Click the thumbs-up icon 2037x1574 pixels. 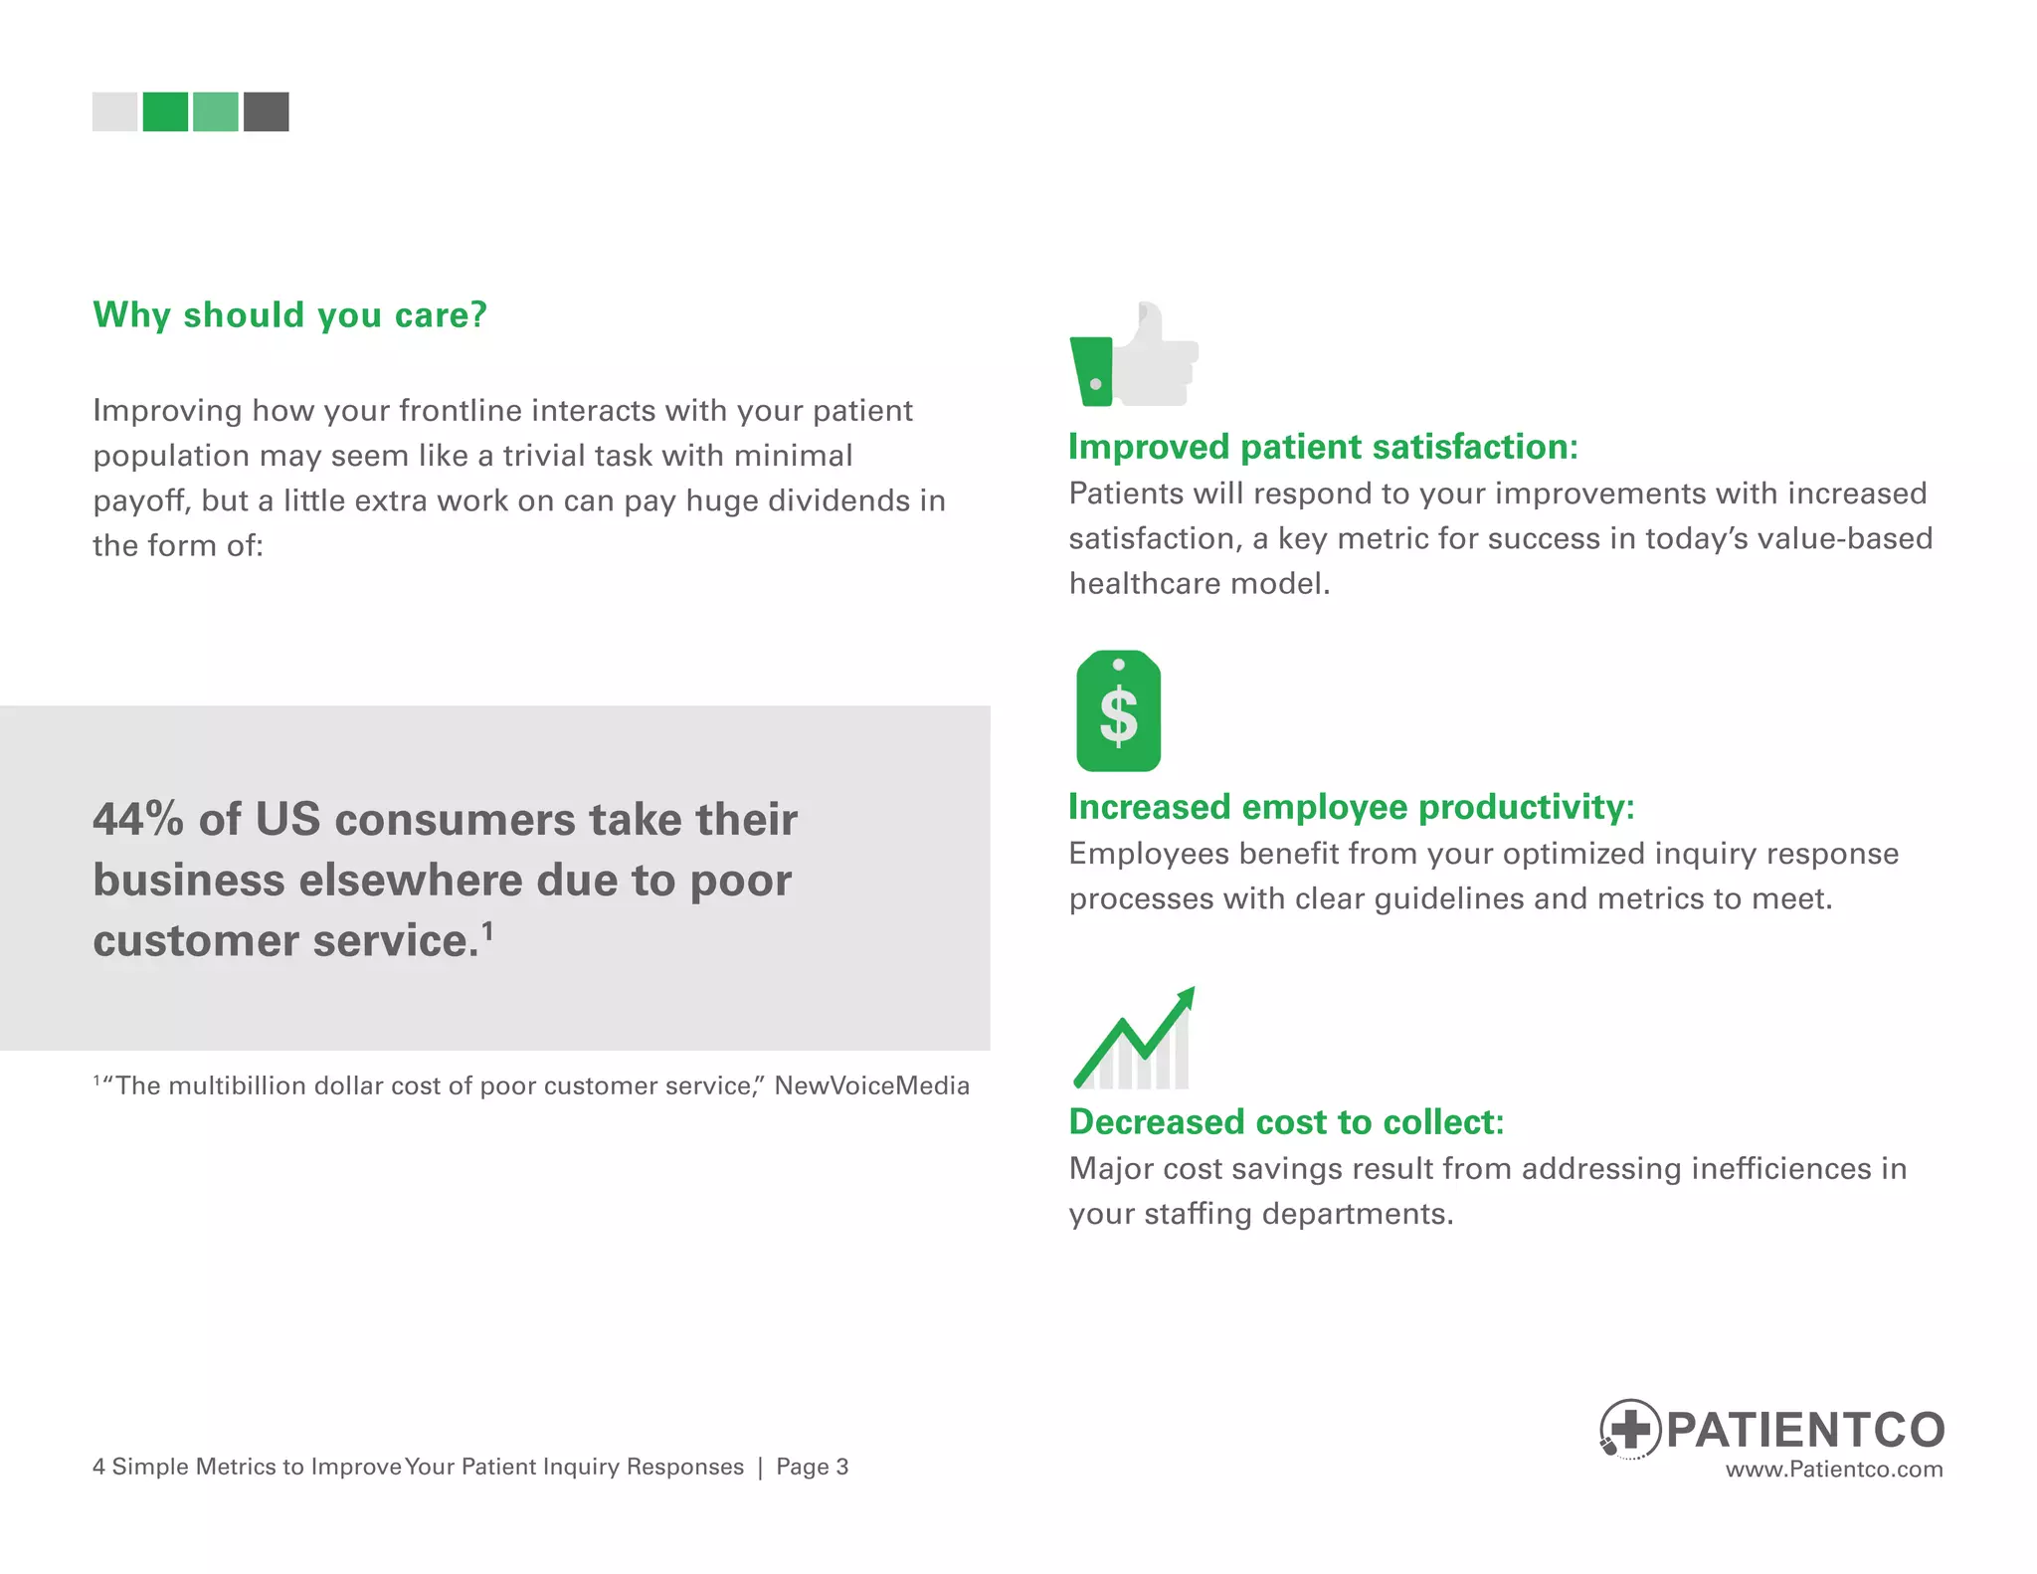1134,355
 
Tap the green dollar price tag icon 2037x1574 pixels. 1118,711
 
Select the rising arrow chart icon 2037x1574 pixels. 1134,1039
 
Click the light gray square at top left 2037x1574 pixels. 114,111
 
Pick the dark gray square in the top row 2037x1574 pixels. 267,111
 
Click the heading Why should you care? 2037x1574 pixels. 289,314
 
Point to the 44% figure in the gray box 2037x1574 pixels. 138,820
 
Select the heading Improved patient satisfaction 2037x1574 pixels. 1323,447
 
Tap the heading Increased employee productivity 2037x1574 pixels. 1351,807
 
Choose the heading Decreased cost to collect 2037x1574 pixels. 1286,1122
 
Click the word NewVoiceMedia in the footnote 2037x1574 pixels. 871,1085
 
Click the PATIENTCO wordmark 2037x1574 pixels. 1805,1430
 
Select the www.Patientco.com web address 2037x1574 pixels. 1833,1470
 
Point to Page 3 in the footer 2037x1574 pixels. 812,1467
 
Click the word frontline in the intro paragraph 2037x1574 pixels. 461,410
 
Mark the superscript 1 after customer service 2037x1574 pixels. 487,930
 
